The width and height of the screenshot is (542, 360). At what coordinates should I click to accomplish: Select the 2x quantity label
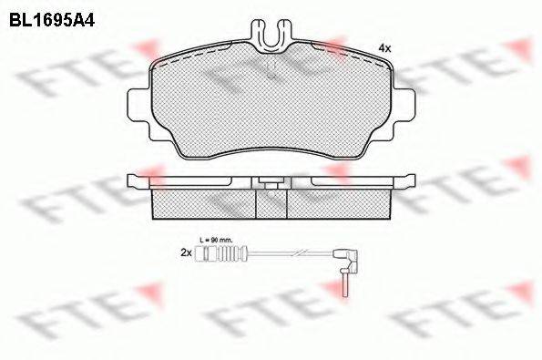click(x=186, y=252)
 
